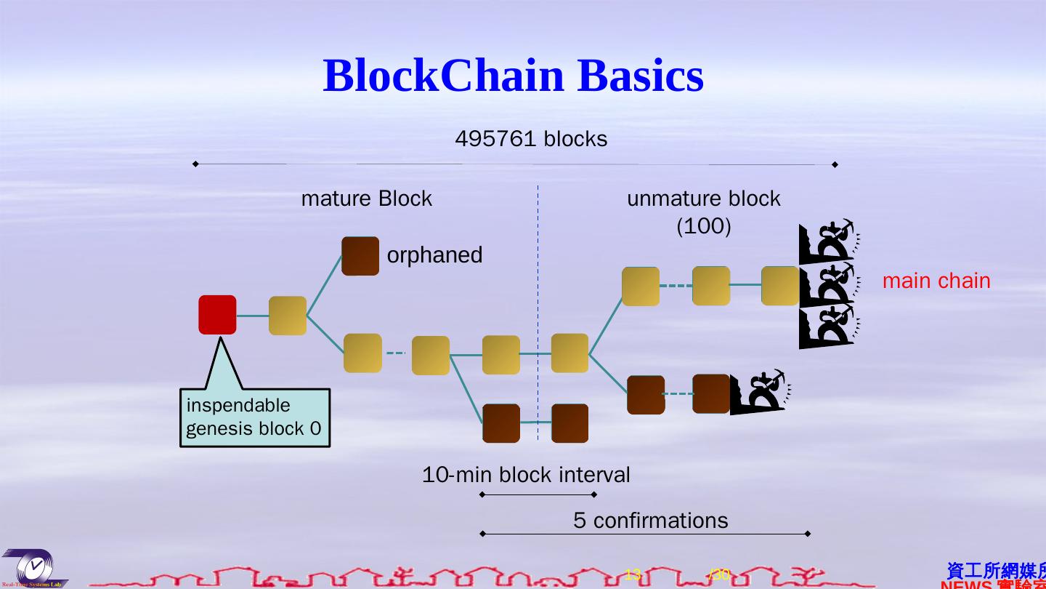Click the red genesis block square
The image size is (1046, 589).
[x=217, y=315]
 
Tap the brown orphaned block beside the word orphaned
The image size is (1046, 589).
[x=360, y=256]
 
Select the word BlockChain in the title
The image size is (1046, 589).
[x=443, y=75]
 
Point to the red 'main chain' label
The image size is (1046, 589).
[x=936, y=281]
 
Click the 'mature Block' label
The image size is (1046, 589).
[x=366, y=199]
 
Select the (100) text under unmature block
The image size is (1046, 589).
[x=703, y=226]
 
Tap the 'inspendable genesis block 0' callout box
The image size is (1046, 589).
[x=254, y=417]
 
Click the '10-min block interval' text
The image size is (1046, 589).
[x=526, y=475]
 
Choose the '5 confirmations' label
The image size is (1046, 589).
[x=650, y=521]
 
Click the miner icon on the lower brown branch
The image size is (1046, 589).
[x=760, y=393]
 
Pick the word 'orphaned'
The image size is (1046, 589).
[x=434, y=255]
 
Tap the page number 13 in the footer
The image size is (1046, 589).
[x=632, y=574]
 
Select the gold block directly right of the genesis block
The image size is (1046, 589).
[x=288, y=316]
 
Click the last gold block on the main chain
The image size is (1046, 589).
[x=780, y=286]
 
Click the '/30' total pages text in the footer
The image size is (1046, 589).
[x=719, y=574]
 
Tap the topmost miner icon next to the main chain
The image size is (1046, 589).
[x=828, y=243]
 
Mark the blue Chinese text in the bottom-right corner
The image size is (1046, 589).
[x=995, y=571]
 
